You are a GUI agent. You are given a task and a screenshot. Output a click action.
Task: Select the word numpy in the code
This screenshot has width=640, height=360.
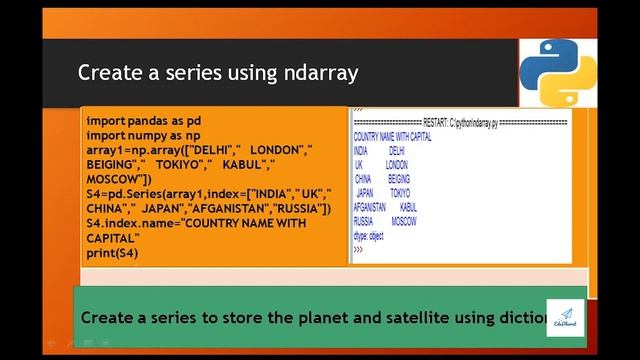(x=146, y=134)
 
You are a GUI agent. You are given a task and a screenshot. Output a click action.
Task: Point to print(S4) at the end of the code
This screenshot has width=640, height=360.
(x=112, y=254)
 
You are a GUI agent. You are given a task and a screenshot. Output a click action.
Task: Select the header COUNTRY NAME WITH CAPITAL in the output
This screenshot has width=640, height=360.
(x=392, y=136)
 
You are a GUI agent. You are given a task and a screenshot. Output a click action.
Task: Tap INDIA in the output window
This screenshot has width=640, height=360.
(x=362, y=150)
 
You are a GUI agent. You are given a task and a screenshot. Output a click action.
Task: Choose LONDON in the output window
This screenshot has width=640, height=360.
(x=397, y=164)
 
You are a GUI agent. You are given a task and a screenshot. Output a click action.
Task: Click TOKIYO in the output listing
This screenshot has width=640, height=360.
(x=400, y=192)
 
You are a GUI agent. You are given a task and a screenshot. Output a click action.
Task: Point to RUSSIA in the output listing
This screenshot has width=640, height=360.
(x=363, y=220)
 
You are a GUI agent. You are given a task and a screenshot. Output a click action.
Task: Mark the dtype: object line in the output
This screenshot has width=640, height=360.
(x=368, y=235)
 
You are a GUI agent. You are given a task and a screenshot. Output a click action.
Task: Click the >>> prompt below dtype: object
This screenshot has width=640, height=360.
(x=358, y=248)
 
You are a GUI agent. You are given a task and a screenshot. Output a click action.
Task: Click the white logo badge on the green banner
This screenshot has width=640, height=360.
(x=565, y=317)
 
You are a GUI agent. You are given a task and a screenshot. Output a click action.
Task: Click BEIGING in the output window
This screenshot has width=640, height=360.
(x=399, y=178)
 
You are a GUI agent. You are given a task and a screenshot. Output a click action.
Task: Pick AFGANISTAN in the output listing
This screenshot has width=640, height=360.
(x=370, y=206)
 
